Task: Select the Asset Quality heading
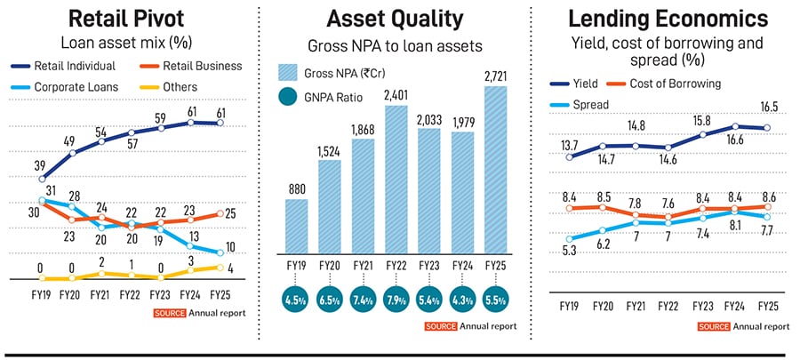pos(396,18)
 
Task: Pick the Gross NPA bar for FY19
pos(296,226)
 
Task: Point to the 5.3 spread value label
pos(569,252)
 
